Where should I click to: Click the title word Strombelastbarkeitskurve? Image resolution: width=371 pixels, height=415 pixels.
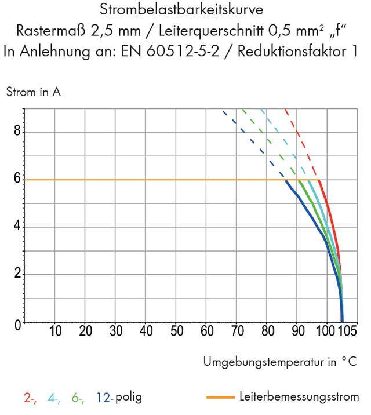185,10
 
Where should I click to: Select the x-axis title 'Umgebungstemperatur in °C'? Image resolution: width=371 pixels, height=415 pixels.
280,362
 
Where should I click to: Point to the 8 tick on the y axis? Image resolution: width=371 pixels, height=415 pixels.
19,132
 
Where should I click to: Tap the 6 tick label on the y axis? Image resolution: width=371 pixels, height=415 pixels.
19,179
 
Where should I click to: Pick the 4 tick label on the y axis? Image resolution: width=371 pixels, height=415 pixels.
19,227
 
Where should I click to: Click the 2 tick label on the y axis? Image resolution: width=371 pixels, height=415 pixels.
19,274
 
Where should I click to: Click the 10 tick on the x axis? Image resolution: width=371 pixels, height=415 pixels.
56,332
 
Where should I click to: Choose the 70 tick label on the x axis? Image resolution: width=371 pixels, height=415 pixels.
237,332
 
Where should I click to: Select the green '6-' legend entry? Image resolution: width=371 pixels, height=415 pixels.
77,398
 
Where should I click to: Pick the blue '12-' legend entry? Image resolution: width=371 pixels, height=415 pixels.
103,398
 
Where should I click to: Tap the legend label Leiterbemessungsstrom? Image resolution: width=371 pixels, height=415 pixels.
299,397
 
